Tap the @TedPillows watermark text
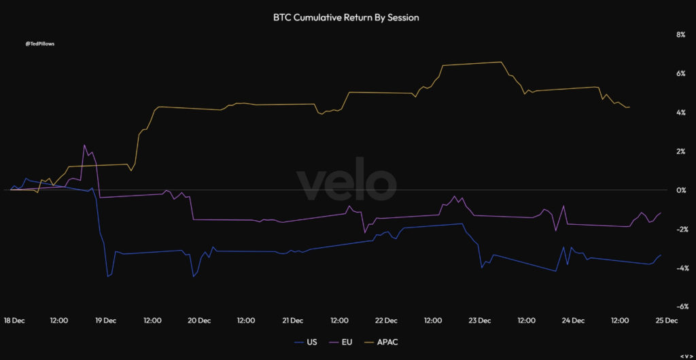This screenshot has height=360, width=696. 40,43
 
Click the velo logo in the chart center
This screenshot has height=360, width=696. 346,183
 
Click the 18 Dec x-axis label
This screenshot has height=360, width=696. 14,319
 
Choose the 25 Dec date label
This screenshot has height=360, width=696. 666,319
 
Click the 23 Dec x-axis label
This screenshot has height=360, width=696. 481,319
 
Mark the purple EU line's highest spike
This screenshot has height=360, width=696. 84,145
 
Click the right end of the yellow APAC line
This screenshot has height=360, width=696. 629,107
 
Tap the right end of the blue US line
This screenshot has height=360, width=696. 661,255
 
